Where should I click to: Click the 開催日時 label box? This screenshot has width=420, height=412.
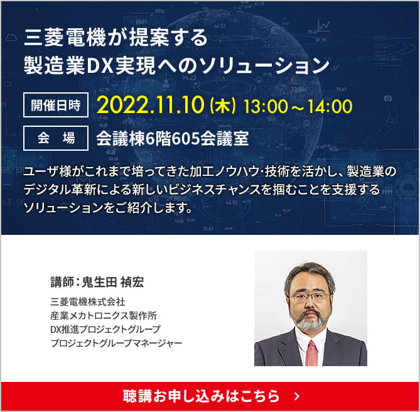pyautogui.click(x=56, y=105)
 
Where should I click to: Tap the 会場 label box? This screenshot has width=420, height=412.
pyautogui.click(x=56, y=138)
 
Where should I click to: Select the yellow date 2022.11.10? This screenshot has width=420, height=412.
pyautogui.click(x=151, y=106)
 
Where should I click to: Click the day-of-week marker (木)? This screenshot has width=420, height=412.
pyautogui.click(x=223, y=106)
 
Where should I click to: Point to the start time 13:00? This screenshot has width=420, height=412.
pyautogui.click(x=265, y=106)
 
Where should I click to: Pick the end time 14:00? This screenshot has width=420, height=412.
pyautogui.click(x=330, y=106)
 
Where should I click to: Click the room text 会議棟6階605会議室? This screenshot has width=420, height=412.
pyautogui.click(x=173, y=139)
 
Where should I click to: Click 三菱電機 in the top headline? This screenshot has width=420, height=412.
pyautogui.click(x=65, y=38)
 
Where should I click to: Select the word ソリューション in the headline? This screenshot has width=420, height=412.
pyautogui.click(x=264, y=66)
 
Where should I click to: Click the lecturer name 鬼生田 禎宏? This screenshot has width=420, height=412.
pyautogui.click(x=113, y=282)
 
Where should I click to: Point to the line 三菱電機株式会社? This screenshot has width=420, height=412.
pyautogui.click(x=88, y=302)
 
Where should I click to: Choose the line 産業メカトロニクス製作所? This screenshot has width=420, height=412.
pyautogui.click(x=104, y=315)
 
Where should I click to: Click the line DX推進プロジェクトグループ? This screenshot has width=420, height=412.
pyautogui.click(x=105, y=329)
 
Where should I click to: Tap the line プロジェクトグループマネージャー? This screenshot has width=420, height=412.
pyautogui.click(x=116, y=343)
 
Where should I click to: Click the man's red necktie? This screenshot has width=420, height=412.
pyautogui.click(x=311, y=353)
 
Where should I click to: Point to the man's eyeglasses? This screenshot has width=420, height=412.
pyautogui.click(x=310, y=297)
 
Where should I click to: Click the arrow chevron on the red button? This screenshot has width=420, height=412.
pyautogui.click(x=297, y=396)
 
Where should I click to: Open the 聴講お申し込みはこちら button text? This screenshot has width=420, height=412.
pyautogui.click(x=201, y=396)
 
